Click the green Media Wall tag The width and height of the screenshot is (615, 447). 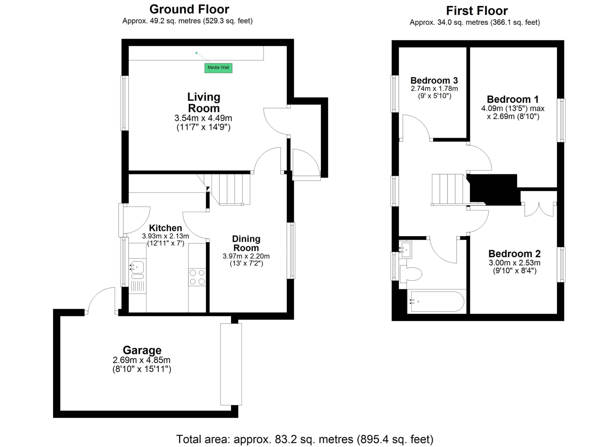pos(218,68)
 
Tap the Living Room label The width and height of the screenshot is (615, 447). pos(204,103)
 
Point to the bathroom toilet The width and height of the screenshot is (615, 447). pos(411,274)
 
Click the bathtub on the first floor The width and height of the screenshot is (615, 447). pos(437,302)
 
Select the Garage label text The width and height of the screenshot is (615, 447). pos(142,350)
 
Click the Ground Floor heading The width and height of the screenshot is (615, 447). pos(189,9)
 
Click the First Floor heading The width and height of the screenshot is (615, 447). pos(477,11)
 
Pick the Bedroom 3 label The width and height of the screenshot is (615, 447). pos(434,80)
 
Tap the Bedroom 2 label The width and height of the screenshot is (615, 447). pos(514,254)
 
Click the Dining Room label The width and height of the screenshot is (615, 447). pos(246,243)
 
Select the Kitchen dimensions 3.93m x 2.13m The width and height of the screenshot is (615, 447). pos(166,236)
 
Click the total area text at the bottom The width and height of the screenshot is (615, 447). pos(305,439)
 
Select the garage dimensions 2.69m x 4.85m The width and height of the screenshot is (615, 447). pos(141,360)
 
